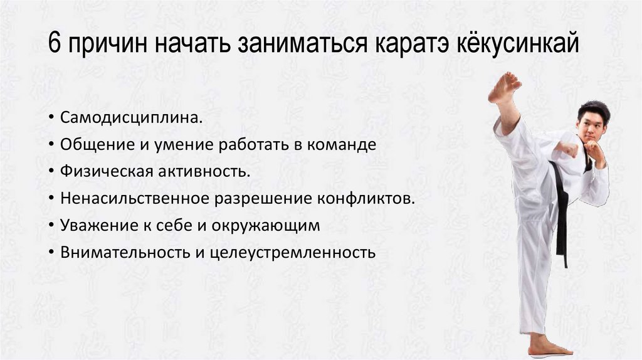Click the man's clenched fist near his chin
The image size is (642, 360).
click(x=592, y=150)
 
